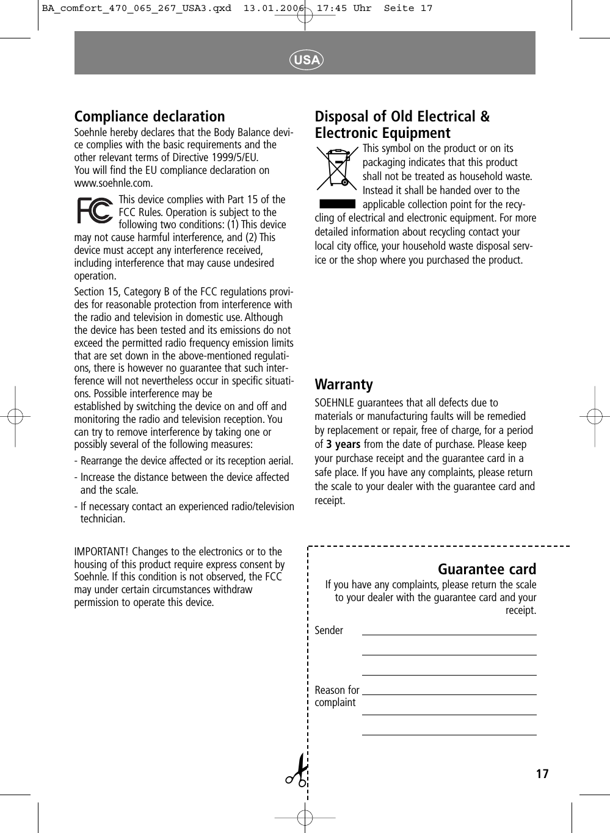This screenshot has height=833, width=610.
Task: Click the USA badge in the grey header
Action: click(306, 60)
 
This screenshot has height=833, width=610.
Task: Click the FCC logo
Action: click(95, 211)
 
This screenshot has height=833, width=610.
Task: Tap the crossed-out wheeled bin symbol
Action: click(336, 168)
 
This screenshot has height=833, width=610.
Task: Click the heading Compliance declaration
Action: click(150, 117)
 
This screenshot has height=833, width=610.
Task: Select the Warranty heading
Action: click(343, 384)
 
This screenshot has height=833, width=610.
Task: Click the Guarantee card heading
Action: click(487, 569)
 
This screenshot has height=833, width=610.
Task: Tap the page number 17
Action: click(542, 774)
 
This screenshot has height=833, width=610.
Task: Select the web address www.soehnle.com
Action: click(114, 183)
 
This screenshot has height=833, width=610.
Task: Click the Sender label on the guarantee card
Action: click(329, 630)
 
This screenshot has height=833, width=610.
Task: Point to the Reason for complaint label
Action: click(336, 696)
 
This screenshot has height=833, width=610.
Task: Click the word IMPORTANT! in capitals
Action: click(101, 552)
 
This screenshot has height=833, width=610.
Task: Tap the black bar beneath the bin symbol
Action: click(337, 204)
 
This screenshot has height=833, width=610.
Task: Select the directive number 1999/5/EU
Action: click(233, 157)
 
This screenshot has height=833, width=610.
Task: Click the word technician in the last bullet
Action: click(101, 519)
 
